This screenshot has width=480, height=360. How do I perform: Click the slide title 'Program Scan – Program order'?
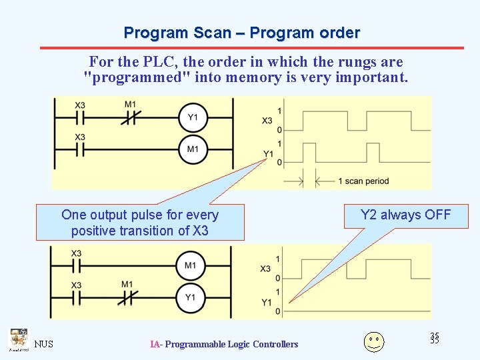241,33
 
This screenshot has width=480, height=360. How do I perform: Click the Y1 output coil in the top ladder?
192,118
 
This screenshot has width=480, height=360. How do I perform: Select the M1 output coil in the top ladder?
192,149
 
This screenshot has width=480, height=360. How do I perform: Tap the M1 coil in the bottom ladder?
190,266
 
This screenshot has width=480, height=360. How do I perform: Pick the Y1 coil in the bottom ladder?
190,297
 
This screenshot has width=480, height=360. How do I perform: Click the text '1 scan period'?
363,181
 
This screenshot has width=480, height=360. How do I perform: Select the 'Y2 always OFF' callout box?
405,215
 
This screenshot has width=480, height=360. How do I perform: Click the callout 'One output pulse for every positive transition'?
140,223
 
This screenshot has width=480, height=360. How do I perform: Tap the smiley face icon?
374,341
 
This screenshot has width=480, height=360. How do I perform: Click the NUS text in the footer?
44,344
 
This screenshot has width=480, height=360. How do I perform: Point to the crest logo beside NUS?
18,339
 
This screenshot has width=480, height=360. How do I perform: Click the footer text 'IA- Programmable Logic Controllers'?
224,344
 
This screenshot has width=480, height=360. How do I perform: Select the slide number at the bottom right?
435,338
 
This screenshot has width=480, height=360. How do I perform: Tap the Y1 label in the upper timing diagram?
268,154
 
